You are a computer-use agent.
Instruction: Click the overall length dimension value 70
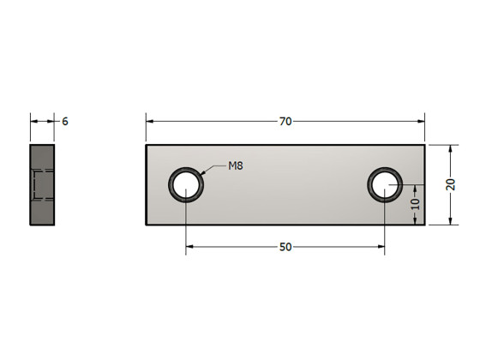285,122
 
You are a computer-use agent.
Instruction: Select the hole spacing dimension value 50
285,247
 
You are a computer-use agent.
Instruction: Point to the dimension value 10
416,204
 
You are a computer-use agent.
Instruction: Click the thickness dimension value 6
64,122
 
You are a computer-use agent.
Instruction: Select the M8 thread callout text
236,165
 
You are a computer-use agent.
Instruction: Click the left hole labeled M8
186,184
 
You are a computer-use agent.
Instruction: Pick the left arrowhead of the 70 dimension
150,122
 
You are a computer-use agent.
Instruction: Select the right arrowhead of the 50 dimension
380,247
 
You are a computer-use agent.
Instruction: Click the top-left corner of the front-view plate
146,144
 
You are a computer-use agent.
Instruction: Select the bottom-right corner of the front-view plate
424,225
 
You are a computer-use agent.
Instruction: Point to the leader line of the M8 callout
214,169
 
